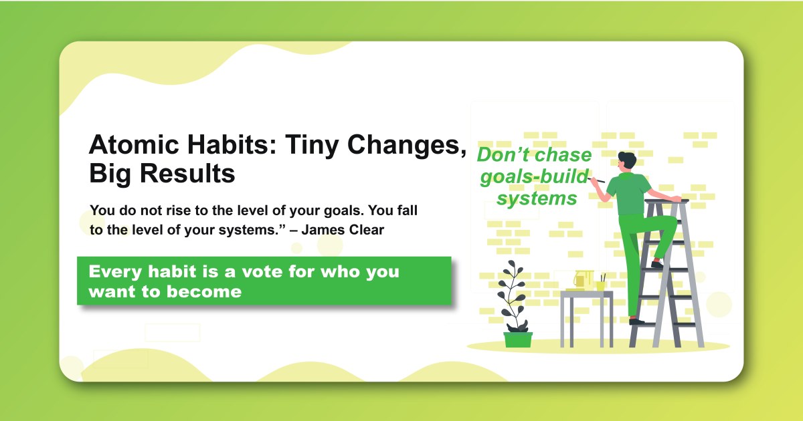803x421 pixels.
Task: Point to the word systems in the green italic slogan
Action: (537, 198)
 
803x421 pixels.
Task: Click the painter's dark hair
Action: (627, 160)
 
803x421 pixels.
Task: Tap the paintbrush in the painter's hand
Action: (598, 180)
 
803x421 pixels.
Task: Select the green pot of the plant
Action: (518, 339)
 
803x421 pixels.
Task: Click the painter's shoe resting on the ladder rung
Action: (657, 265)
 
